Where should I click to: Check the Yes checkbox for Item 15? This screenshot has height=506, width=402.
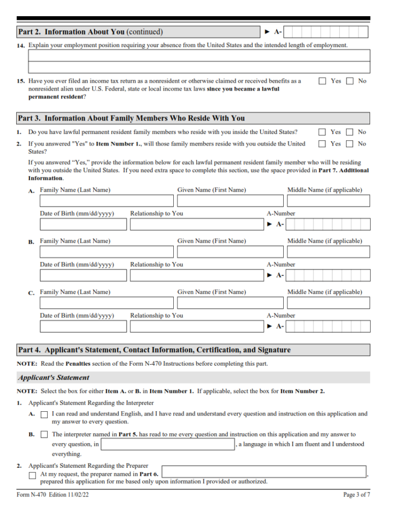pyautogui.click(x=322, y=81)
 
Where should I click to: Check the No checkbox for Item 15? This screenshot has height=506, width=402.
pyautogui.click(x=350, y=81)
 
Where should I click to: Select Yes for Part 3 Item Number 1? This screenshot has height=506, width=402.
pyautogui.click(x=322, y=132)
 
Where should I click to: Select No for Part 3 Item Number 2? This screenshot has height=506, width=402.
pyautogui.click(x=350, y=143)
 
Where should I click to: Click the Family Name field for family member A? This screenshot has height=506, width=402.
pyautogui.click(x=106, y=200)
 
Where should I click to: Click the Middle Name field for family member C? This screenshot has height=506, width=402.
pyautogui.click(x=328, y=302)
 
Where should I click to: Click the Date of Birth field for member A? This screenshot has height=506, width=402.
pyautogui.click(x=83, y=224)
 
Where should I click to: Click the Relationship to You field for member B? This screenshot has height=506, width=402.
pyautogui.click(x=194, y=275)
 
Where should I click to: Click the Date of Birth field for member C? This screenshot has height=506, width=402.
pyautogui.click(x=83, y=327)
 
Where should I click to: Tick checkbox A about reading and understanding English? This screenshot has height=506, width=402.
pyautogui.click(x=44, y=414)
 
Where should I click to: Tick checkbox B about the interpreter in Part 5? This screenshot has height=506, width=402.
pyautogui.click(x=44, y=434)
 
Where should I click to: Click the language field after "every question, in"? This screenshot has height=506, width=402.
pyautogui.click(x=167, y=444)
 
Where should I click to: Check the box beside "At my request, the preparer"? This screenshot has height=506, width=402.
pyautogui.click(x=32, y=475)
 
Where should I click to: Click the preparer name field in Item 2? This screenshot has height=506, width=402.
pyautogui.click(x=263, y=471)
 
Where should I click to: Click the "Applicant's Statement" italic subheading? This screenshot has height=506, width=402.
pyautogui.click(x=53, y=378)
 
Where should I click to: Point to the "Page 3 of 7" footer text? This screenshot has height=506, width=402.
pyautogui.click(x=356, y=494)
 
